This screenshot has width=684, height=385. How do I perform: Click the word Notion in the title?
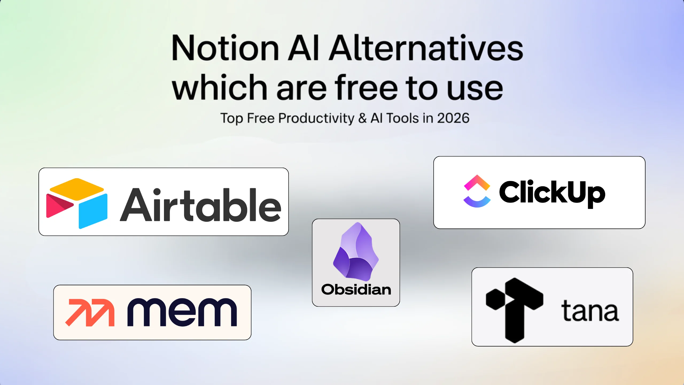(226, 48)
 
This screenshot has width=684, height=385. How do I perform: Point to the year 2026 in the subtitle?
(453, 118)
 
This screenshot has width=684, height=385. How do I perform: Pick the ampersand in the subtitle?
(362, 118)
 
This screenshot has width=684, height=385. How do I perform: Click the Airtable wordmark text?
(200, 205)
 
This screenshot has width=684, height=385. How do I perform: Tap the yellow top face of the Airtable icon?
(77, 189)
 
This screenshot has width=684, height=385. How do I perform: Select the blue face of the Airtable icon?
(93, 211)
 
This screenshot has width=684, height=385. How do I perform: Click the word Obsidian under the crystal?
(356, 290)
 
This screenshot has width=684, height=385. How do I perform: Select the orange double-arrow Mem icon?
(90, 313)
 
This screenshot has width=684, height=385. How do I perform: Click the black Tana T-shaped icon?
(515, 310)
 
